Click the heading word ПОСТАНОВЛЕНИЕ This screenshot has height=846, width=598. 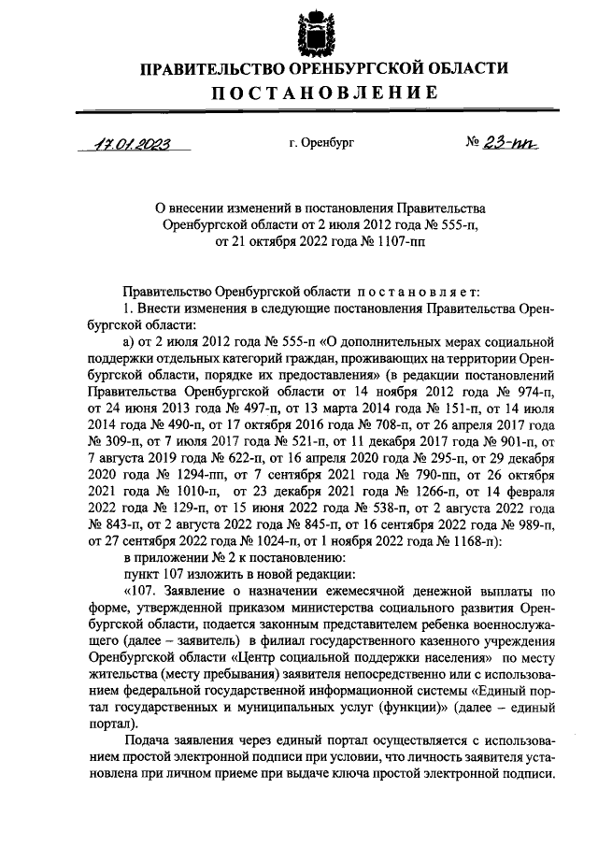tap(324, 92)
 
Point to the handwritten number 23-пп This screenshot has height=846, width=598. tap(508, 144)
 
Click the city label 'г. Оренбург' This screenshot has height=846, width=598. tap(322, 145)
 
